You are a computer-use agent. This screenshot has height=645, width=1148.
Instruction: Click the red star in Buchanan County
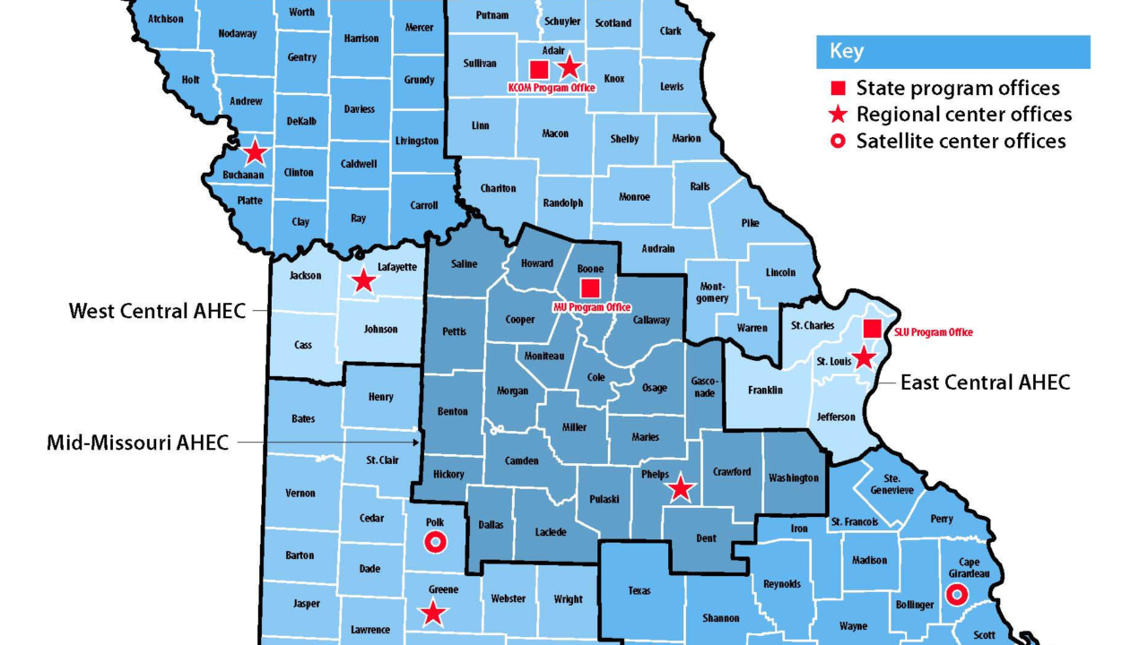point(256,151)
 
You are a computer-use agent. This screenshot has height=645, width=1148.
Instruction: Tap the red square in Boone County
point(590,288)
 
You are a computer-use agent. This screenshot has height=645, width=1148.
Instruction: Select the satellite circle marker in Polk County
point(435,542)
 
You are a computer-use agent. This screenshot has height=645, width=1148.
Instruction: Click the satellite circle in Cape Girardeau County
point(957,594)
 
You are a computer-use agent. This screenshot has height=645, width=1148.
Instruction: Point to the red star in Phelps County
point(681,488)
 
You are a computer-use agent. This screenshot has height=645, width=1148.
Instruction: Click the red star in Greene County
point(434,613)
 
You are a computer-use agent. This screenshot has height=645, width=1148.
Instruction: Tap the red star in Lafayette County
point(363,281)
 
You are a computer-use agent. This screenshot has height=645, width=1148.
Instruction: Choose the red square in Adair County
point(539,69)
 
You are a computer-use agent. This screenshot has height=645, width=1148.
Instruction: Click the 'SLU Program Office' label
point(934,332)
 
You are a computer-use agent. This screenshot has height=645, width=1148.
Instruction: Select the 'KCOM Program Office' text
point(552,88)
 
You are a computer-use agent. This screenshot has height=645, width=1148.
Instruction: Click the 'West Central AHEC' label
point(157,311)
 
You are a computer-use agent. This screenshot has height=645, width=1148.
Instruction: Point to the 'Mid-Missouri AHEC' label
point(137,442)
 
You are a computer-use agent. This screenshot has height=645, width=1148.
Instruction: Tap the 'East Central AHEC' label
point(985,383)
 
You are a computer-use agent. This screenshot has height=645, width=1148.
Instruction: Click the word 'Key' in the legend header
point(847,51)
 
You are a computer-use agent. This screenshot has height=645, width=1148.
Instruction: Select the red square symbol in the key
point(838,88)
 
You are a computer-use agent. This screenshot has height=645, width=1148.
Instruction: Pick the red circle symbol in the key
point(838,141)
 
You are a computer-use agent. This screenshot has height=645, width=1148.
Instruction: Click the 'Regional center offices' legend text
point(963,115)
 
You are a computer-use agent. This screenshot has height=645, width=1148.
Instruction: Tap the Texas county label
point(639,590)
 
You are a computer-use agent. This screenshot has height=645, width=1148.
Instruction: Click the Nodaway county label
point(238,34)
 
